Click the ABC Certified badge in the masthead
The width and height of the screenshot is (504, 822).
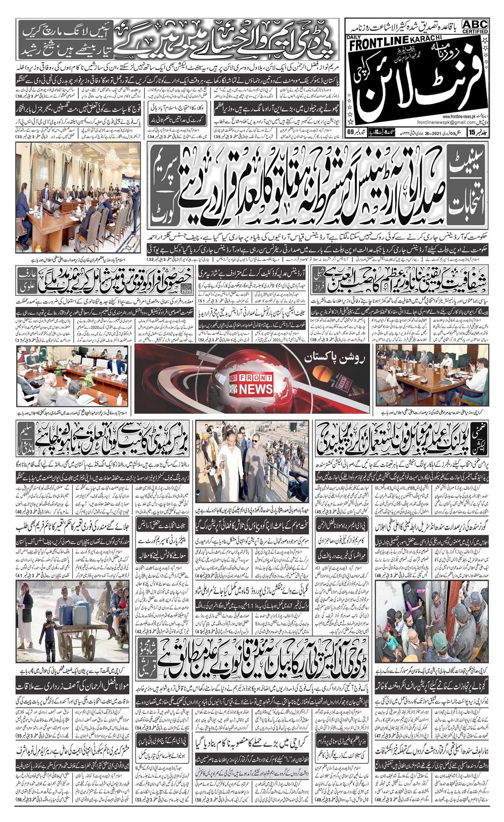pyautogui.click(x=475, y=26)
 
